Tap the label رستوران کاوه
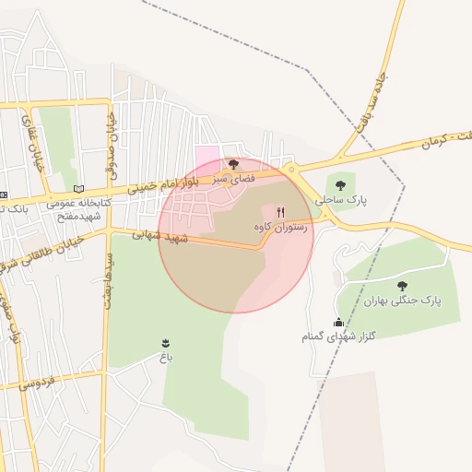click(x=279, y=225)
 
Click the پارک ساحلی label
click(x=340, y=199)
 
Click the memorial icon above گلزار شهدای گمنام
click(x=338, y=322)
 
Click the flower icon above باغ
click(x=166, y=343)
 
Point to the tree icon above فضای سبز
click(x=232, y=163)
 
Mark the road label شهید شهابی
click(x=159, y=236)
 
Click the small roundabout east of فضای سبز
click(x=291, y=170)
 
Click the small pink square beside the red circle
click(x=207, y=154)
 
